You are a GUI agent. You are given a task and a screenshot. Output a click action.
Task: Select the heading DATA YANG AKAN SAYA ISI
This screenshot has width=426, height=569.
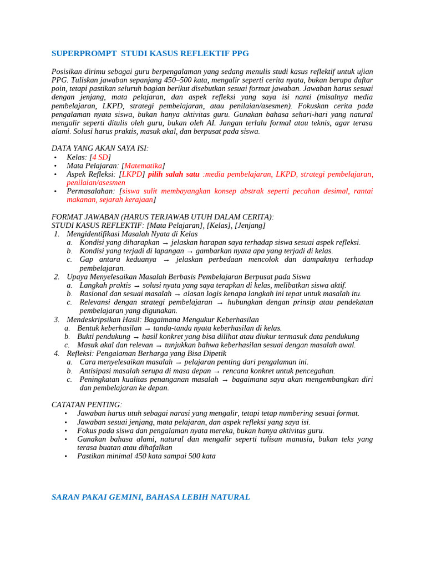pos(100,148)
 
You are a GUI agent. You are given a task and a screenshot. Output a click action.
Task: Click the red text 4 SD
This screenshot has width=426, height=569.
pos(100,157)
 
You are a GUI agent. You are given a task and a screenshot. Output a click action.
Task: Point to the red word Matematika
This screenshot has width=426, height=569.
pos(143,166)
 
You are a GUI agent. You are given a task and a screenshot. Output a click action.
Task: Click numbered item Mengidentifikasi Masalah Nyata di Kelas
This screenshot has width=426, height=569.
pos(132,234)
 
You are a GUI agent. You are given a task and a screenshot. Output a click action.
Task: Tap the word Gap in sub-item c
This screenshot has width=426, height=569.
pos(87,259)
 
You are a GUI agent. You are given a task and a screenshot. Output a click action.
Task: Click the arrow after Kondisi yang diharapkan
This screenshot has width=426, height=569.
pos(165,243)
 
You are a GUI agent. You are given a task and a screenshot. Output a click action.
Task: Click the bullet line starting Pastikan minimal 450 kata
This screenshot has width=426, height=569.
pos(146,456)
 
